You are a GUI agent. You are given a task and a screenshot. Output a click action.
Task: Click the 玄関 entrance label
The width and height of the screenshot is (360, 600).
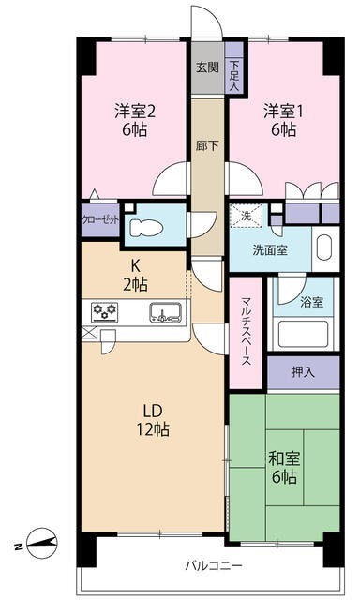coord(207,67)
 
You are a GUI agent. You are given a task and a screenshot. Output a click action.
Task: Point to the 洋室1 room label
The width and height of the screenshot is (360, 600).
coord(281,118)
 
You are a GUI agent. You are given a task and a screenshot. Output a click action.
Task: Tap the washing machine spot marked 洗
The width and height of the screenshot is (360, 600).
coord(247,217)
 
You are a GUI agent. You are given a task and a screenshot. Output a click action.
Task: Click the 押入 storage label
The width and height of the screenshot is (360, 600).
coord(302,373)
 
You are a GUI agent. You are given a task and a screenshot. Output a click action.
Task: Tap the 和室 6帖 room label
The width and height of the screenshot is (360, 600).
coord(284,466)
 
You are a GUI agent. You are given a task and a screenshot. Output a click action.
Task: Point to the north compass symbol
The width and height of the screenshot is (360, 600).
coord(41,541)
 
